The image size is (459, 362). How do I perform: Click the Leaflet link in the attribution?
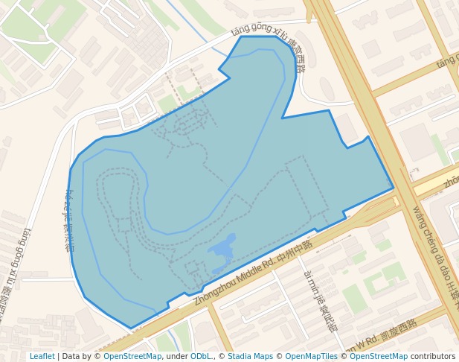pyautogui.click(x=42, y=356)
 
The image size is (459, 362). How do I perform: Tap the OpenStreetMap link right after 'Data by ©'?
pyautogui.click(x=132, y=356)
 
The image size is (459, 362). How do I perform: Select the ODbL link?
pyautogui.click(x=201, y=356)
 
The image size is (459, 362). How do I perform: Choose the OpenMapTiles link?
pyautogui.click(x=312, y=356)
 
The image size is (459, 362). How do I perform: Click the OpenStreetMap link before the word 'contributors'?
pyautogui.click(x=379, y=356)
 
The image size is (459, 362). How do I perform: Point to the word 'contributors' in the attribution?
pyautogui.click(x=433, y=356)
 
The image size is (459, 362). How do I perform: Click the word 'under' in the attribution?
pyautogui.click(x=177, y=356)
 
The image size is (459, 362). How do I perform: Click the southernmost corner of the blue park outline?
pyautogui.click(x=132, y=328)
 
